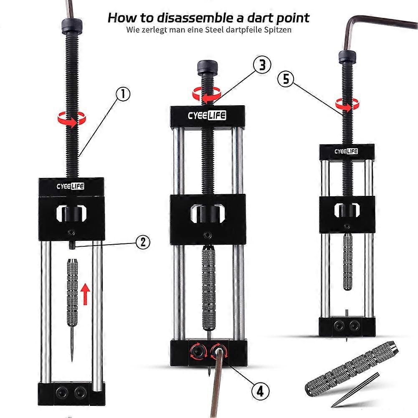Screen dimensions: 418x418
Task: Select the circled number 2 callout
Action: pyautogui.click(x=143, y=242)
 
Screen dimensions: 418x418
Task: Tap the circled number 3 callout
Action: pyautogui.click(x=262, y=65)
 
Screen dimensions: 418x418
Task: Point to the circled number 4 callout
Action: pyautogui.click(x=260, y=391)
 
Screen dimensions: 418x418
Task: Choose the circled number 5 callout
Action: pyautogui.click(x=286, y=79)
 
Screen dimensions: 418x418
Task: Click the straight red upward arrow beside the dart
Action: pyautogui.click(x=85, y=294)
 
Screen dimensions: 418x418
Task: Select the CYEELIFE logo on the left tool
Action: pyautogui.click(x=71, y=186)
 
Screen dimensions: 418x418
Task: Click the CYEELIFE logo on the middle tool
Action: pyautogui.click(x=207, y=115)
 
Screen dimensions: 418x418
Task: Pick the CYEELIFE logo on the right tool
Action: pyautogui.click(x=346, y=151)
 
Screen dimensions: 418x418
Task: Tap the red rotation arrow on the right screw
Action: pyautogui.click(x=347, y=104)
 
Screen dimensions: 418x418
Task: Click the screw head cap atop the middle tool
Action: pyautogui.click(x=208, y=67)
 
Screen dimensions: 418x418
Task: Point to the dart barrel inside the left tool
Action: pyautogui.click(x=72, y=292)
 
